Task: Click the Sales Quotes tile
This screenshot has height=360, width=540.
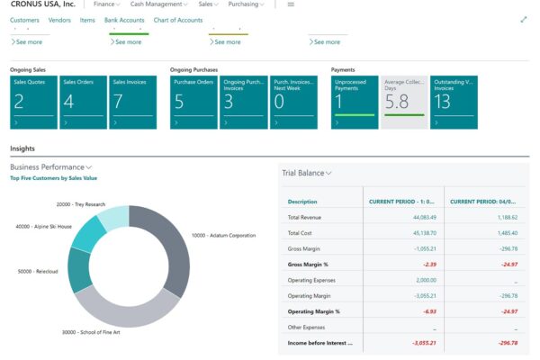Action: coord(33,102)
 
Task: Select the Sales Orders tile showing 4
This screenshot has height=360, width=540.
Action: coord(83,102)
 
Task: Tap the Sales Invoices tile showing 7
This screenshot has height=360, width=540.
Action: coord(132,102)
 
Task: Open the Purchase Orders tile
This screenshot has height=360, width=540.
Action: coord(193,102)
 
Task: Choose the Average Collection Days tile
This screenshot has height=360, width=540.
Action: coord(403,102)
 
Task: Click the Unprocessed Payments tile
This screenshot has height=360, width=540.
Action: coord(355,102)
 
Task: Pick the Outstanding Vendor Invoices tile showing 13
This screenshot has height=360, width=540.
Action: coord(453,102)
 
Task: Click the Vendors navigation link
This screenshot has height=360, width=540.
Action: coord(59,20)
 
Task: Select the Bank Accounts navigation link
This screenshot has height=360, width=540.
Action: coord(124,20)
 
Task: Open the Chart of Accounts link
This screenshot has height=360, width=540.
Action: coord(177,20)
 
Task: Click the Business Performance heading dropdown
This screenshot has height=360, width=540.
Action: coord(50,167)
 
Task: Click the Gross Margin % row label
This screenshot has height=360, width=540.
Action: coord(308,265)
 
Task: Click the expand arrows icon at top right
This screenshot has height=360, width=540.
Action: coord(524,20)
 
